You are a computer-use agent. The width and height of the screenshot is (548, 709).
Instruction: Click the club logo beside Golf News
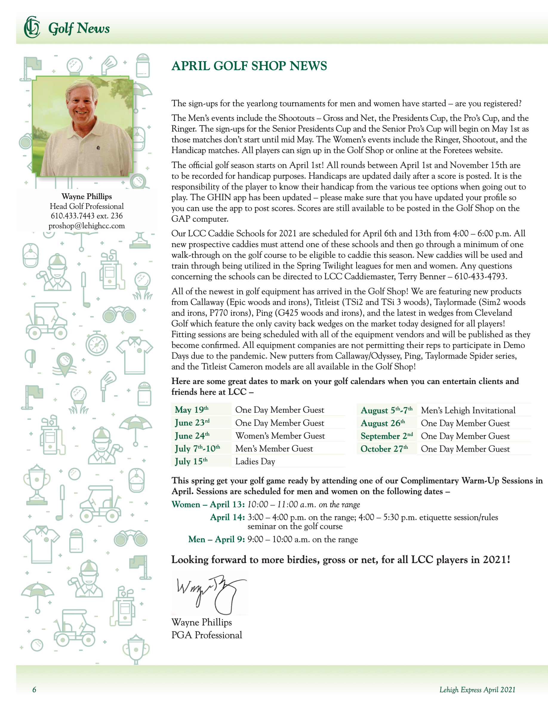(x=32, y=27)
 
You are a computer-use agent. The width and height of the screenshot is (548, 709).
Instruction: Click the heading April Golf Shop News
(x=249, y=66)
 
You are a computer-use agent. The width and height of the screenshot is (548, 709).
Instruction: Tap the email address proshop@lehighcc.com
(x=87, y=226)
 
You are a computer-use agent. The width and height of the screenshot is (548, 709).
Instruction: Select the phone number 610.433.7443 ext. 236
(x=87, y=216)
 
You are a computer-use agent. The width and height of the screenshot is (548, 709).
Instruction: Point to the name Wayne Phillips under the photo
(x=87, y=196)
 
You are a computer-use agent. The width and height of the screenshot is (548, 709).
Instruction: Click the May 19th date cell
(x=192, y=410)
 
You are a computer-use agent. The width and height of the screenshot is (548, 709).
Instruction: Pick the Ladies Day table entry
(x=255, y=461)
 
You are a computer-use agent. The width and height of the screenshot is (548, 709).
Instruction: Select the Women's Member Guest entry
(x=280, y=436)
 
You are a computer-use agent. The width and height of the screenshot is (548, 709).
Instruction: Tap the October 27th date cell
(x=384, y=449)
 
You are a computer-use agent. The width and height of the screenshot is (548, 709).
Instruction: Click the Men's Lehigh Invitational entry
(x=468, y=410)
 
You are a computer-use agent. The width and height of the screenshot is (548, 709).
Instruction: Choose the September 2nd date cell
(x=386, y=436)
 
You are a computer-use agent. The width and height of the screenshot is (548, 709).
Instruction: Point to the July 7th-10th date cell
(x=197, y=448)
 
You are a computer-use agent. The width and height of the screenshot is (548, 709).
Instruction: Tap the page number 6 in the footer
(x=34, y=690)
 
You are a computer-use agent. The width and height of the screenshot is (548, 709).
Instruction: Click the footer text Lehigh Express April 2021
(x=477, y=690)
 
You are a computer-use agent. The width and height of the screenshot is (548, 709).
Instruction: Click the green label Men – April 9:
(x=216, y=539)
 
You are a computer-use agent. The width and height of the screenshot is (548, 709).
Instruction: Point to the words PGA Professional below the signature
(x=207, y=635)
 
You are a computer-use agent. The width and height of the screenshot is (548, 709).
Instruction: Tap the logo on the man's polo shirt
(x=98, y=148)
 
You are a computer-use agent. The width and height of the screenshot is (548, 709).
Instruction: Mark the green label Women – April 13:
(x=208, y=505)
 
